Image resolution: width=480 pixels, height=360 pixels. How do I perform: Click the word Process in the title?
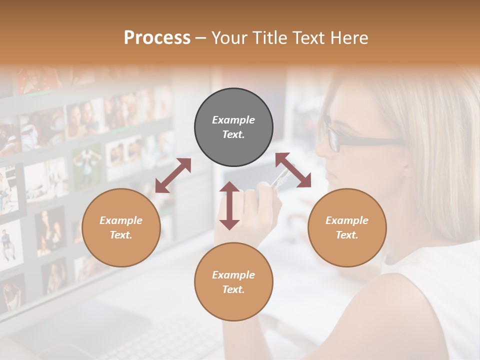pos(157,38)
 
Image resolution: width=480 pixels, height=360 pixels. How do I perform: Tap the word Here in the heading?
pos(349,38)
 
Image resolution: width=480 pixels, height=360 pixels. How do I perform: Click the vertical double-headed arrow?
pos(229,205)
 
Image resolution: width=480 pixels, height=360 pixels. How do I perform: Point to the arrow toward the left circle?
pos(173,175)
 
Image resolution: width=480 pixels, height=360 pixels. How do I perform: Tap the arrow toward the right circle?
pos(293,170)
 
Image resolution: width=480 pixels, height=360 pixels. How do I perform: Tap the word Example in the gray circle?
pos(233,120)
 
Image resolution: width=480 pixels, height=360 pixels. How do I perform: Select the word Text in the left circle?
pos(121,235)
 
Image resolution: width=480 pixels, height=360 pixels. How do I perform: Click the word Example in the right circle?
pos(347,220)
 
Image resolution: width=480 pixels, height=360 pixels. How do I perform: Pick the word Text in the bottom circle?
pos(233,289)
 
